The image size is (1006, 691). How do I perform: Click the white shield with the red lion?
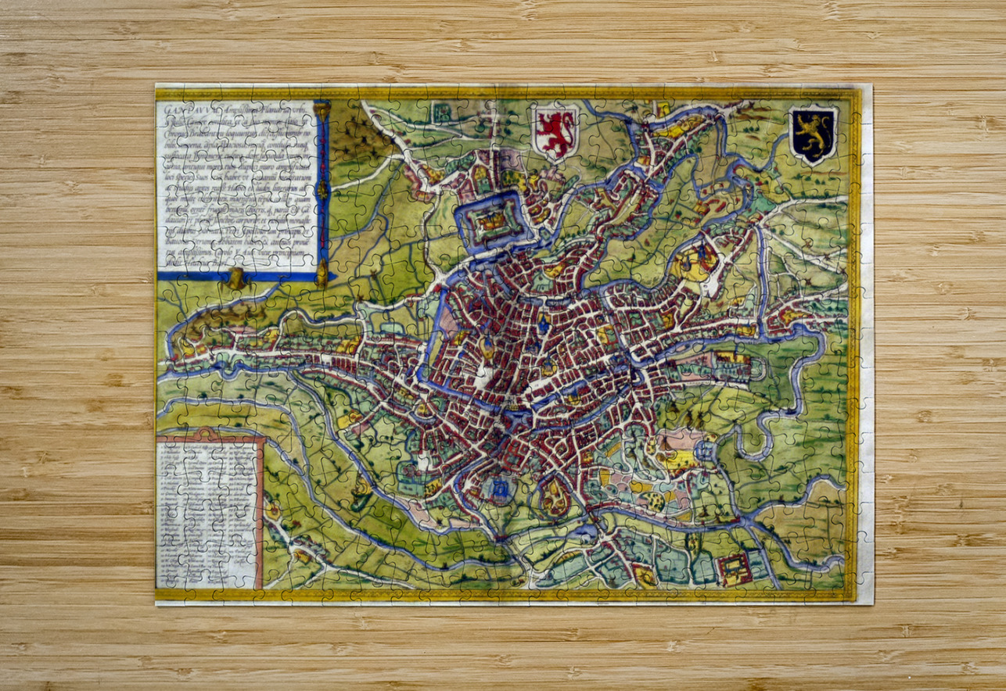pyautogui.click(x=555, y=130)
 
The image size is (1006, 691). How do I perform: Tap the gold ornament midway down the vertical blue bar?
pyautogui.click(x=322, y=189)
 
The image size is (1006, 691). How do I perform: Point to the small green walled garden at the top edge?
pyautogui.click(x=440, y=112)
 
